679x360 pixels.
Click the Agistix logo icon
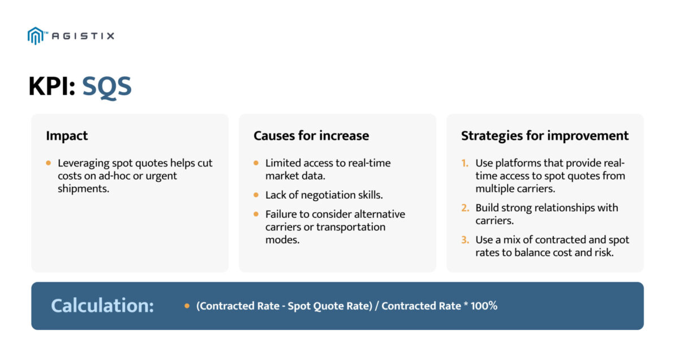pos(35,36)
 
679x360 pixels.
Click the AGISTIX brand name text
pos(83,36)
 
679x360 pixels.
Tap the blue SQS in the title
pos(107,87)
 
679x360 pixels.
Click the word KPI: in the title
pos(52,87)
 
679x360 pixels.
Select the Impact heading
pos(67,136)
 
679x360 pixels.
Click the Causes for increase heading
pos(311,136)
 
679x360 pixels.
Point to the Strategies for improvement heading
pos(544,136)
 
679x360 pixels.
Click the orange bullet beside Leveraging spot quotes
pos(49,163)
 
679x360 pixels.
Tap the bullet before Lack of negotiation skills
pos(257,195)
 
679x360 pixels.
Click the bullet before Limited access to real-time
pos(257,163)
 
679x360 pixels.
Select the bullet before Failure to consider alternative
pos(257,215)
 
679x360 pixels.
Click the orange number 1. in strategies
pos(465,163)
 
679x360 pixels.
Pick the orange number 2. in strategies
pos(465,208)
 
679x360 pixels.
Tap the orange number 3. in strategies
pos(465,240)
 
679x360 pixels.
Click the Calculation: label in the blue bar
pos(102,306)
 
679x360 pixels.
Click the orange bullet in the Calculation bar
pos(187,306)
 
